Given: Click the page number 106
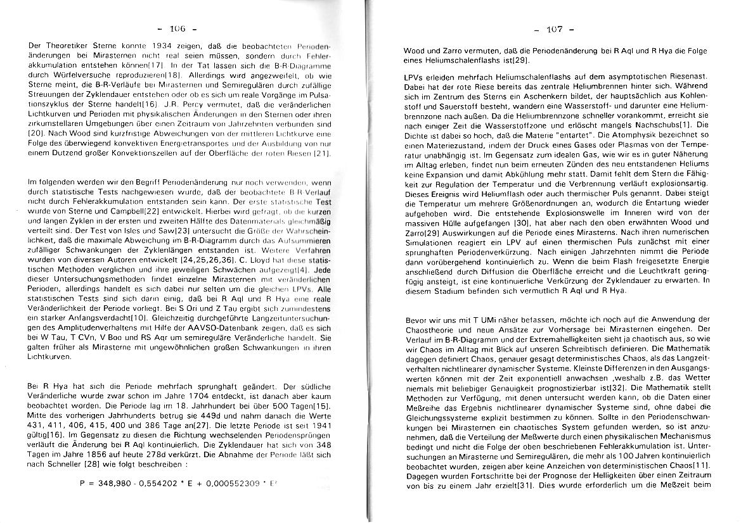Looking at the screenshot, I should [178, 28].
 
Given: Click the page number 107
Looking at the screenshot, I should [554, 29].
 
